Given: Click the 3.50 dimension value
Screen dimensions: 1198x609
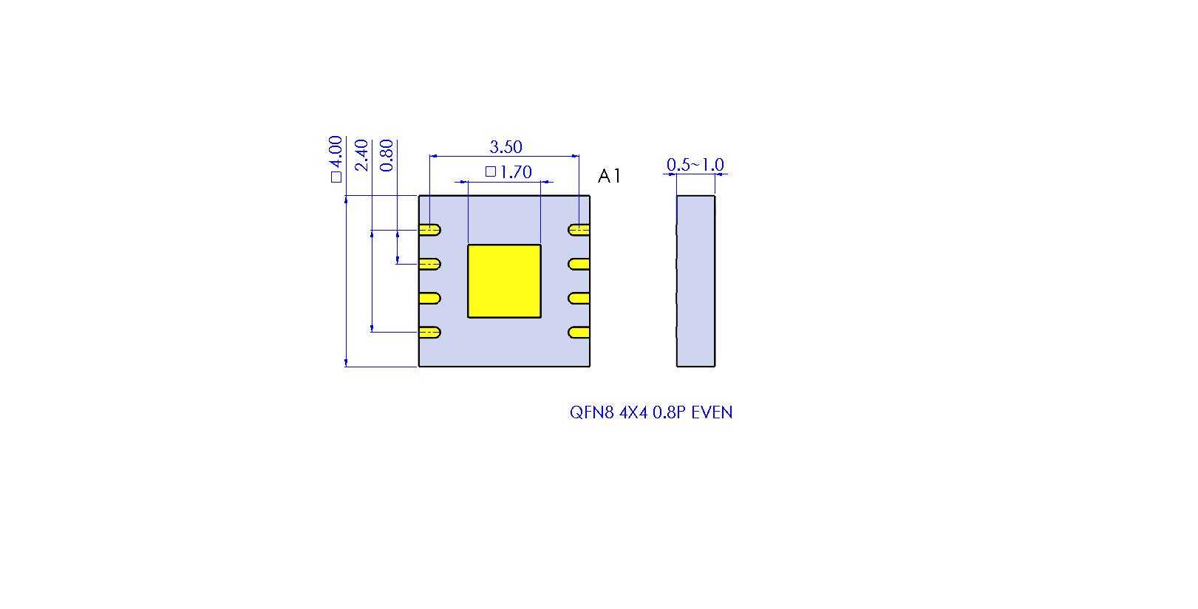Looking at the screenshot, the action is pos(506,146).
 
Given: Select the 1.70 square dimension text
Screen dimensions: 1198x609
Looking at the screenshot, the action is pos(508,171).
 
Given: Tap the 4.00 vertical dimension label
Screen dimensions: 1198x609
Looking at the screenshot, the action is pos(336,159).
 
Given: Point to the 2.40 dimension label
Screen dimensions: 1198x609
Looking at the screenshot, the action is pos(361,155).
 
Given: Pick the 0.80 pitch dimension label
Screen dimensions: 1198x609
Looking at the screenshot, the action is pos(386,155).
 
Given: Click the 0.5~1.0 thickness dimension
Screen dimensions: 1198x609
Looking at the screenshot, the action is pos(695,165).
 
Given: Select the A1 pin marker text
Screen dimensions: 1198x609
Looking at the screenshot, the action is pos(609,176).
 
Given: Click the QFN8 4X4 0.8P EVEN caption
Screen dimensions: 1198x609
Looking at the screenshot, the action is pos(651,412).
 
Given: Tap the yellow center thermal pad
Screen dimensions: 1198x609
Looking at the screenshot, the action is pos(504,282).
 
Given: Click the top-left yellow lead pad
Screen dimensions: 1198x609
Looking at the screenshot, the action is pos(429,230).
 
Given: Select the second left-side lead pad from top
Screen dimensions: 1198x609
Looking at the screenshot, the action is pos(429,264).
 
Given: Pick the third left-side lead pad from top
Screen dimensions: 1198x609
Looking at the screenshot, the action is pos(429,299).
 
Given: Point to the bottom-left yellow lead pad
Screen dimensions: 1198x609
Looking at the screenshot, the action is pos(429,333).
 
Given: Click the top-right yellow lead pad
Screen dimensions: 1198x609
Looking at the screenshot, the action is pos(579,230).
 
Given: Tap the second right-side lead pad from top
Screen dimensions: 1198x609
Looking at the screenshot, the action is pos(579,264).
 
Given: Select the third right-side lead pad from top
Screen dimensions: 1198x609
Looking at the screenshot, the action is pos(579,299).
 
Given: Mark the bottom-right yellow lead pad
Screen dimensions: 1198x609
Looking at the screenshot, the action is pos(579,333).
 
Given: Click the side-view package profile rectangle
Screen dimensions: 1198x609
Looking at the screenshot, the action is pos(695,282).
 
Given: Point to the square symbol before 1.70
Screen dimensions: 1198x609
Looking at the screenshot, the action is pos(491,171).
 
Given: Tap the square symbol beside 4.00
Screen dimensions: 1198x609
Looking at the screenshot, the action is pos(336,177).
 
